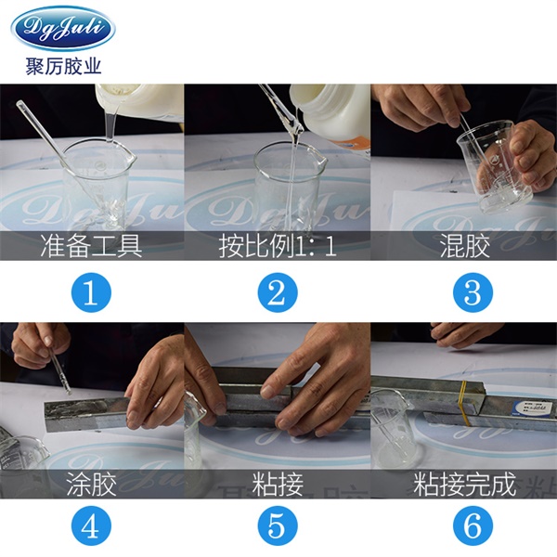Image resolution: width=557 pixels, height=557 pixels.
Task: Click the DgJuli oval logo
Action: click(x=63, y=29)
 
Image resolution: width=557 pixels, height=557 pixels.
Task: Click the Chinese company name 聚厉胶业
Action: click(x=63, y=66)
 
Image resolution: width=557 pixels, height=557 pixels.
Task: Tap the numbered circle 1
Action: click(x=91, y=292)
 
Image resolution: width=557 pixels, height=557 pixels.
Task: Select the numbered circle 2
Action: click(x=278, y=292)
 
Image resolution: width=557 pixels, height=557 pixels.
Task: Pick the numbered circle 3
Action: click(x=473, y=292)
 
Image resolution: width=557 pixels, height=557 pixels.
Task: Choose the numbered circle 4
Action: click(x=91, y=525)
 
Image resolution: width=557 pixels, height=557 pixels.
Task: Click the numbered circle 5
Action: click(x=278, y=525)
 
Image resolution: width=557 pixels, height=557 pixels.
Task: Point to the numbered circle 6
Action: click(x=473, y=525)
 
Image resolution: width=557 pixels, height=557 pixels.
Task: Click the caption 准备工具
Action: click(x=91, y=246)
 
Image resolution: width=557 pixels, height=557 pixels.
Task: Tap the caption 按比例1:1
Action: click(x=278, y=246)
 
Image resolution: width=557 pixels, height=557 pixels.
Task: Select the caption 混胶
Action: click(x=465, y=246)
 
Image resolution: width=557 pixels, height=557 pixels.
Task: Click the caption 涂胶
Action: click(x=91, y=484)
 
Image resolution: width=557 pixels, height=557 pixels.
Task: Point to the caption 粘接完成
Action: click(x=465, y=484)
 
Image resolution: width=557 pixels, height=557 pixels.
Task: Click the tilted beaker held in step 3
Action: click(x=496, y=167)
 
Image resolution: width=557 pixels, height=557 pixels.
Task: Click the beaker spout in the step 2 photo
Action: click(x=320, y=161)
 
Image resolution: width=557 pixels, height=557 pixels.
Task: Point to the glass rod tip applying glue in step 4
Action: click(x=69, y=394)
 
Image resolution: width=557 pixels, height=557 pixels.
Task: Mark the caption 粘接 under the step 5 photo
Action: click(x=278, y=484)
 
